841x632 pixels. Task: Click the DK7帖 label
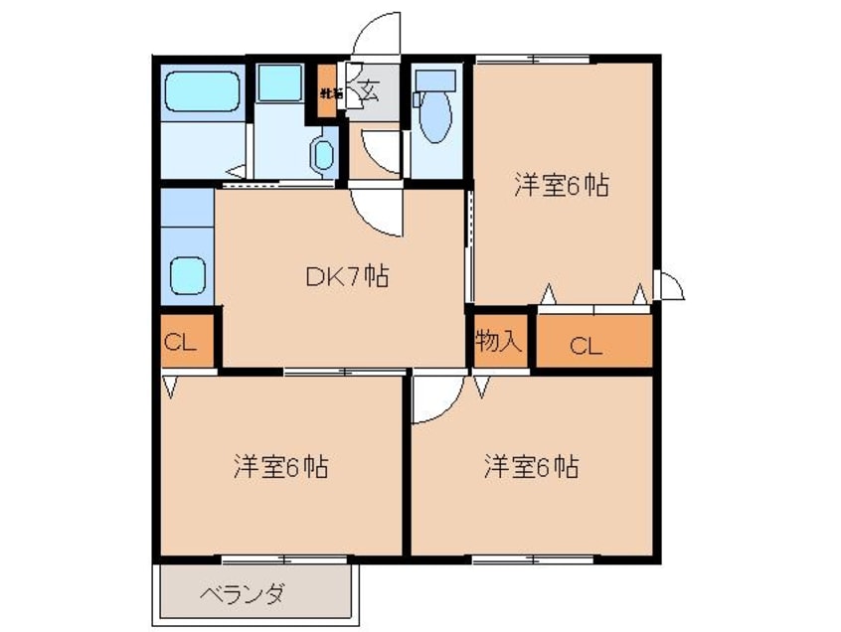pyautogui.click(x=345, y=277)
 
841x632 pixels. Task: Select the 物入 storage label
pyautogui.click(x=498, y=342)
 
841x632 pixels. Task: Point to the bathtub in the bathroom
pyautogui.click(x=203, y=90)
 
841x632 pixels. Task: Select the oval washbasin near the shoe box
pyautogui.click(x=324, y=155)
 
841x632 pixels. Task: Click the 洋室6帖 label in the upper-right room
pyautogui.click(x=561, y=185)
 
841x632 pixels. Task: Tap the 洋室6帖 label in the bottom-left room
pyautogui.click(x=281, y=465)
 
